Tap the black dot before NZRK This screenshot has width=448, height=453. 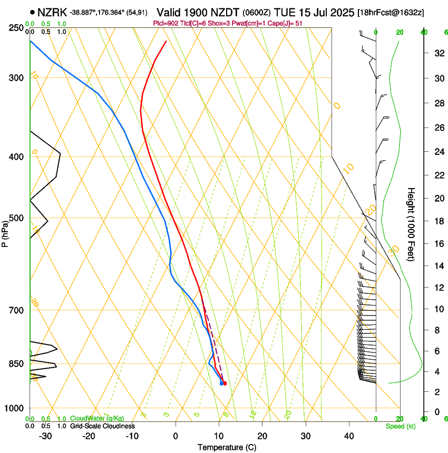pos(33,12)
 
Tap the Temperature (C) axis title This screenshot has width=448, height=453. pos(227,448)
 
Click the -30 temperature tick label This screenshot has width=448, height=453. pos(45,436)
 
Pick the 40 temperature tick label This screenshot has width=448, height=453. pos(349,436)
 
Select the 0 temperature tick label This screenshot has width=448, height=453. pos(176,436)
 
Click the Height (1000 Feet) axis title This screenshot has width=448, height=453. pos(411,224)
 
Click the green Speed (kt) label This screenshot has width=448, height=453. pos(400,426)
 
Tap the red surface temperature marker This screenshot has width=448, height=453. pos(225,383)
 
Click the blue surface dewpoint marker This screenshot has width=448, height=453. pos(221,383)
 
